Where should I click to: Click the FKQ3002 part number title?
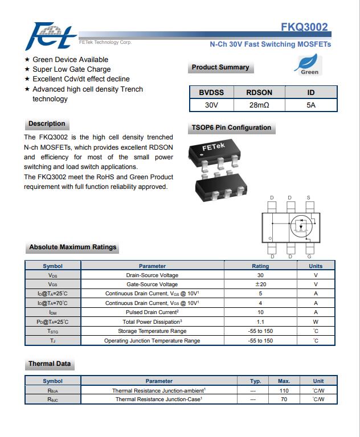pos(305,27)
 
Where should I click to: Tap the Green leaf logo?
pos(309,64)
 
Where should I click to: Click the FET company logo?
pos(51,35)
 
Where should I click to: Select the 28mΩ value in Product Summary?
pos(259,105)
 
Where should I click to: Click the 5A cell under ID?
pos(310,105)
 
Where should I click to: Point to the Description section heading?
pos(47,124)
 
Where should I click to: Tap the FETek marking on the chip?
pos(214,147)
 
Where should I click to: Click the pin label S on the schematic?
pos(309,198)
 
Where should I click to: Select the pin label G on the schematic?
pos(309,256)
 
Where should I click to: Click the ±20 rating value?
pos(260,285)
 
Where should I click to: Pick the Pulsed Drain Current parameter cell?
pos(152,312)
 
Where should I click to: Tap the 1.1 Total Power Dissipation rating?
pos(260,321)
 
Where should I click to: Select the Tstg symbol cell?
pos(52,331)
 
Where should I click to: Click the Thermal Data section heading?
pos(50,364)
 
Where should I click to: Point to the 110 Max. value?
pos(284,390)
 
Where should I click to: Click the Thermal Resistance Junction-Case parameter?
pos(158,399)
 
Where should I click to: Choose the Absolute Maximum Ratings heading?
pos(72,248)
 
